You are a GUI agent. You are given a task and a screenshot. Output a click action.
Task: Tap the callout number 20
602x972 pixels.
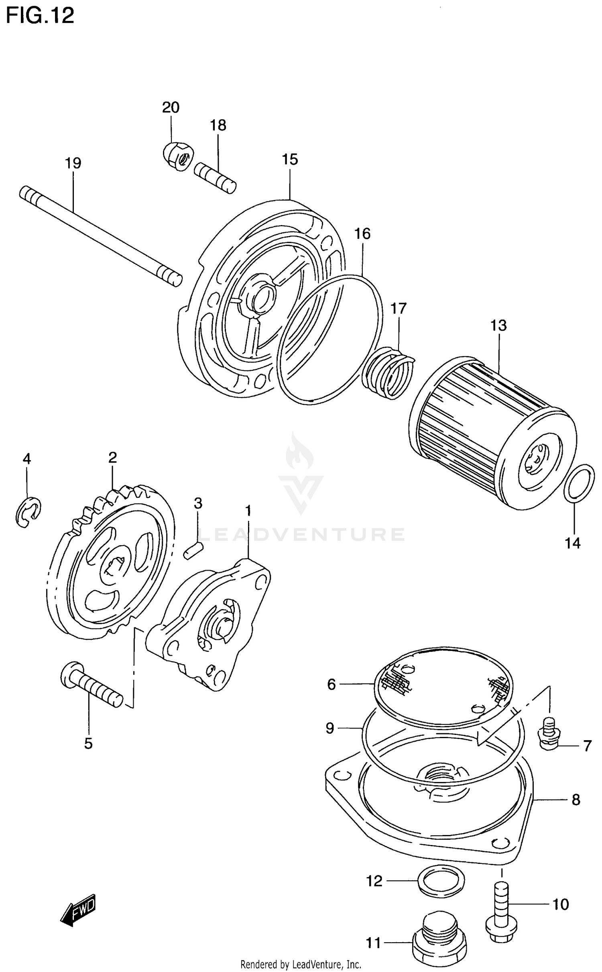(171, 107)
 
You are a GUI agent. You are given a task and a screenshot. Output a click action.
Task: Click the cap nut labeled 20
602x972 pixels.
(178, 156)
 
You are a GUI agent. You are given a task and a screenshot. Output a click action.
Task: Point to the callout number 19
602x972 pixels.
(73, 163)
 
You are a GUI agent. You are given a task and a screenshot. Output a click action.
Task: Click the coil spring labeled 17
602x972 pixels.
(387, 372)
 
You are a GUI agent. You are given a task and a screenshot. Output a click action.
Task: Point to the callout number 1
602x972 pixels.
(248, 511)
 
